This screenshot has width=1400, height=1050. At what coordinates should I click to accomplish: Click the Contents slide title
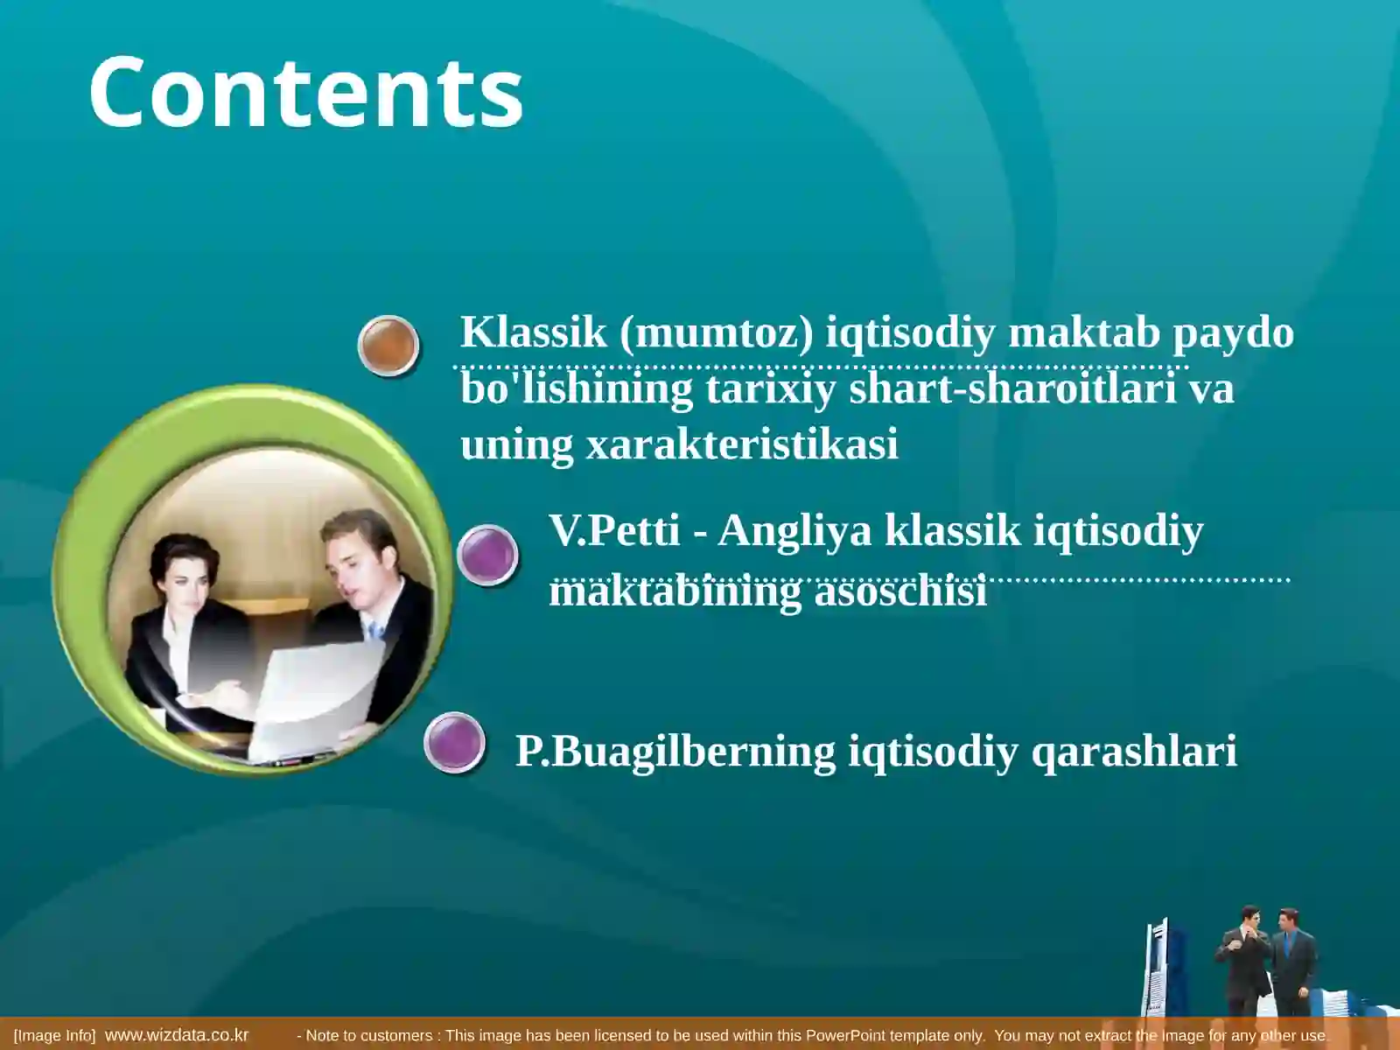(305, 93)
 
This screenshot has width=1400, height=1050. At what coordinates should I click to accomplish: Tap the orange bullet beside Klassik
(388, 345)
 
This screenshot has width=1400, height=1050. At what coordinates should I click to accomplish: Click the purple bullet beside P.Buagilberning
(454, 743)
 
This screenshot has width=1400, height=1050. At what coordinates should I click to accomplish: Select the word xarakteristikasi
(741, 444)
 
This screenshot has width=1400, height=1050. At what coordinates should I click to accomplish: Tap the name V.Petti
(614, 530)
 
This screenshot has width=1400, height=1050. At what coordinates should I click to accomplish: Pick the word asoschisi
(900, 591)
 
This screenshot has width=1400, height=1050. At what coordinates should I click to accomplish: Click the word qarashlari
(1134, 752)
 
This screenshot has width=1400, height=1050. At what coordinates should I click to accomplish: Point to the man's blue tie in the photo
(375, 631)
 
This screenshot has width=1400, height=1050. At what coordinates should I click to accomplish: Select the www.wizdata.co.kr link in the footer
(176, 1035)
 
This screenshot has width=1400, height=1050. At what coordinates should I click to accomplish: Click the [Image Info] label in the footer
(54, 1035)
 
